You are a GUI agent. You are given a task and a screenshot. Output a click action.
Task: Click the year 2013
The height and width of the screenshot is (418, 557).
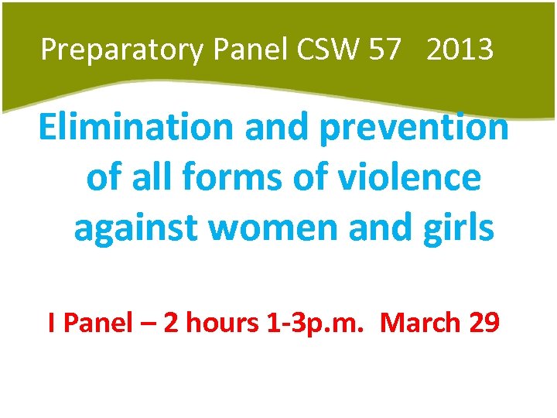[x=459, y=50]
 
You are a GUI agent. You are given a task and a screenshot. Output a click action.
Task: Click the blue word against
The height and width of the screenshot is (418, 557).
[x=132, y=229]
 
